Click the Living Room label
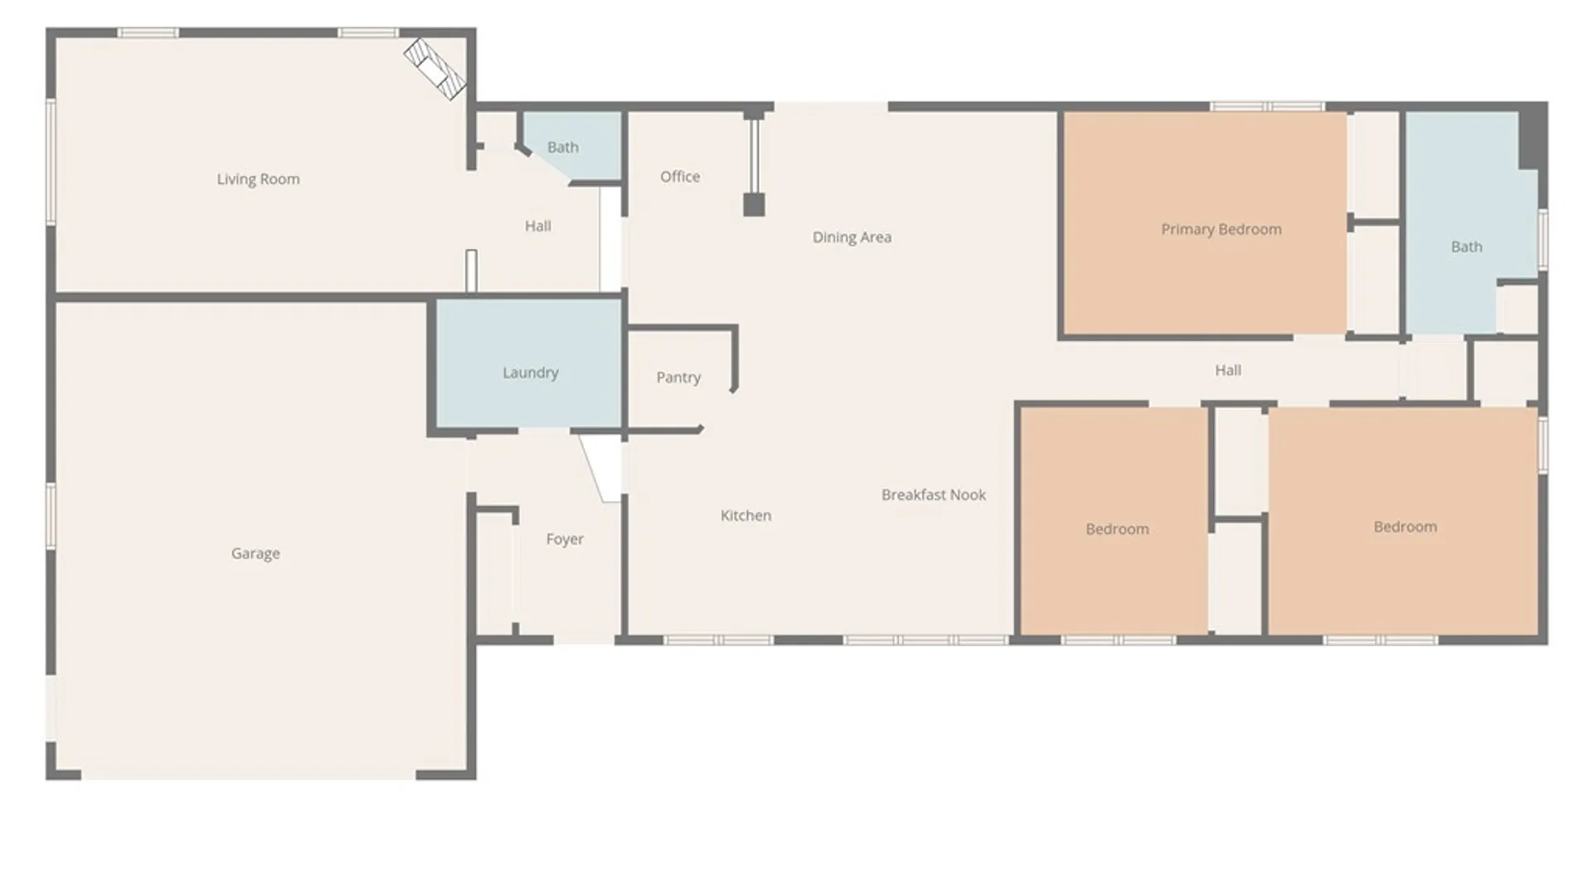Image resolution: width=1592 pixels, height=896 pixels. point(258,179)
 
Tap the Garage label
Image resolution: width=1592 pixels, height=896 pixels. point(255,553)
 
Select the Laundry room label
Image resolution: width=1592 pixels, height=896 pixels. point(530,373)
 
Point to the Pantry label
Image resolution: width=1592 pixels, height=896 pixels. point(678,377)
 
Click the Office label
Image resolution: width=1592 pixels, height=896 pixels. point(680,177)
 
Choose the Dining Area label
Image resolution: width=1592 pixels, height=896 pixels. point(852,237)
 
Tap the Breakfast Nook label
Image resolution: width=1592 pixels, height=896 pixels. point(933,495)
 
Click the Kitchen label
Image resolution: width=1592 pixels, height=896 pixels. point(745,516)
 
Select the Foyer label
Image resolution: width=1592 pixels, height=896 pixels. point(565,539)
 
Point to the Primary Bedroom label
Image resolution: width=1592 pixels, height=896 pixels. point(1221,230)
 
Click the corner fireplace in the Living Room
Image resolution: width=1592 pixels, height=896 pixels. point(434,69)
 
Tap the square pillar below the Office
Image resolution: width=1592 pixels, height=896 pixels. point(753,204)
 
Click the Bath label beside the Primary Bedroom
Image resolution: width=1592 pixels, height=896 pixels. point(1466,247)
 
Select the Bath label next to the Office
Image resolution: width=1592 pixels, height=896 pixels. point(562,148)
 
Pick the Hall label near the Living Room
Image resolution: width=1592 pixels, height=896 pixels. point(537,226)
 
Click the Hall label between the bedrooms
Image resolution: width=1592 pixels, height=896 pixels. point(1227,371)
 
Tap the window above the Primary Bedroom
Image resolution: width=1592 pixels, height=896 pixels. point(1266,106)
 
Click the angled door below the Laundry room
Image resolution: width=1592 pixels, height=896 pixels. point(600,468)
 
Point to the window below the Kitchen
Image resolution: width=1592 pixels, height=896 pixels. point(718,640)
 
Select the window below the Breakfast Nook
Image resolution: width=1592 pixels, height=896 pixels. point(925,640)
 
